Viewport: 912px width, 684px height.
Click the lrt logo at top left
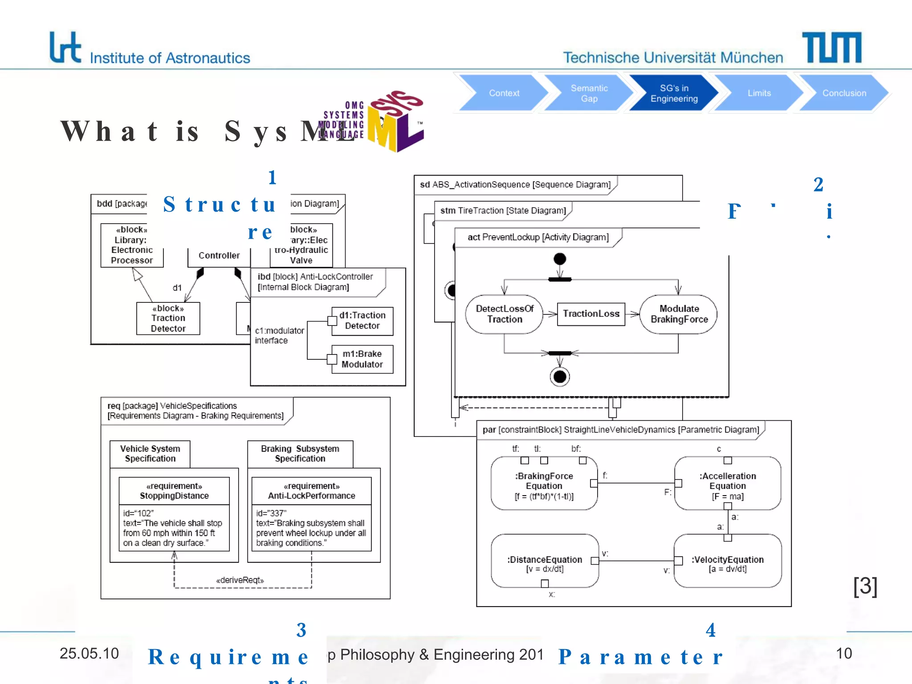click(x=65, y=47)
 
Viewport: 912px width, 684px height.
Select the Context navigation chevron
click(x=504, y=93)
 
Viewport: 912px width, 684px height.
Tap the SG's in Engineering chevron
click(x=674, y=93)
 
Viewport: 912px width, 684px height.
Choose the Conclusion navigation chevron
click(x=844, y=93)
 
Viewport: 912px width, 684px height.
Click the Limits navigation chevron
click(x=759, y=93)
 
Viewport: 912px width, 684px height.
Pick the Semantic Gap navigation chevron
click(x=589, y=93)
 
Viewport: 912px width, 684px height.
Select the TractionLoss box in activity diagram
click(x=591, y=314)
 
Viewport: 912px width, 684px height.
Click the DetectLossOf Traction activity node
click(x=504, y=314)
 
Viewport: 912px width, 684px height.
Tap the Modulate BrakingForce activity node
click(x=679, y=314)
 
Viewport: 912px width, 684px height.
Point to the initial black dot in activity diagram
click(x=560, y=259)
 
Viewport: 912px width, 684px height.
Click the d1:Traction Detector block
click(x=362, y=321)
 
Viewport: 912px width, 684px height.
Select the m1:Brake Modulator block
click(x=362, y=359)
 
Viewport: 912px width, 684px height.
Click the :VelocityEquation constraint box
click(x=727, y=561)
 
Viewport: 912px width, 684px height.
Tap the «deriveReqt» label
click(x=240, y=580)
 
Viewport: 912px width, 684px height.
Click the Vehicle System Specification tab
click(x=150, y=454)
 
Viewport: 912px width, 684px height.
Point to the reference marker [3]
click(x=865, y=586)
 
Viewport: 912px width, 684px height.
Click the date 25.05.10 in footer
click(x=89, y=653)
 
